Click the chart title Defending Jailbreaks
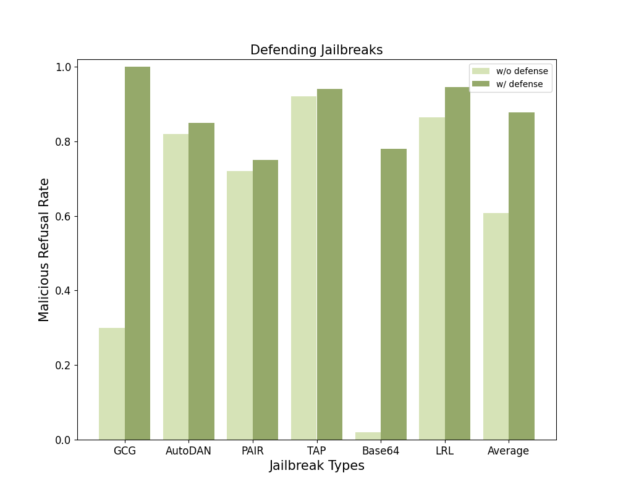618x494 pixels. [316, 51]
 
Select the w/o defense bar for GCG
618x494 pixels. [112, 383]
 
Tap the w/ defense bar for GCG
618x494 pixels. [137, 253]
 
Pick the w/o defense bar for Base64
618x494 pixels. [368, 436]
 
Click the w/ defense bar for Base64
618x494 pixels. [394, 294]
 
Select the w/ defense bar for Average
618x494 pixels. [522, 276]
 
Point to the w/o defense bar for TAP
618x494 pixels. [304, 268]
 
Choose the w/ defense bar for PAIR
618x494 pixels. [265, 299]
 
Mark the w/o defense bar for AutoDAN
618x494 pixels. [176, 287]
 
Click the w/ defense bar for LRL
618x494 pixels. [457, 263]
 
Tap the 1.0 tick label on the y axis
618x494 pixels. [64, 67]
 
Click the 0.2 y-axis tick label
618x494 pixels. [64, 366]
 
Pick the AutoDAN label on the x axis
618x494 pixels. [188, 451]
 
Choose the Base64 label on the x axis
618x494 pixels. [381, 451]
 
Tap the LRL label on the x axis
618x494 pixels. [444, 451]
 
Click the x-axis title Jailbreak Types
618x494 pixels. [316, 466]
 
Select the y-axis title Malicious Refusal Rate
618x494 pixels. [44, 249]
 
